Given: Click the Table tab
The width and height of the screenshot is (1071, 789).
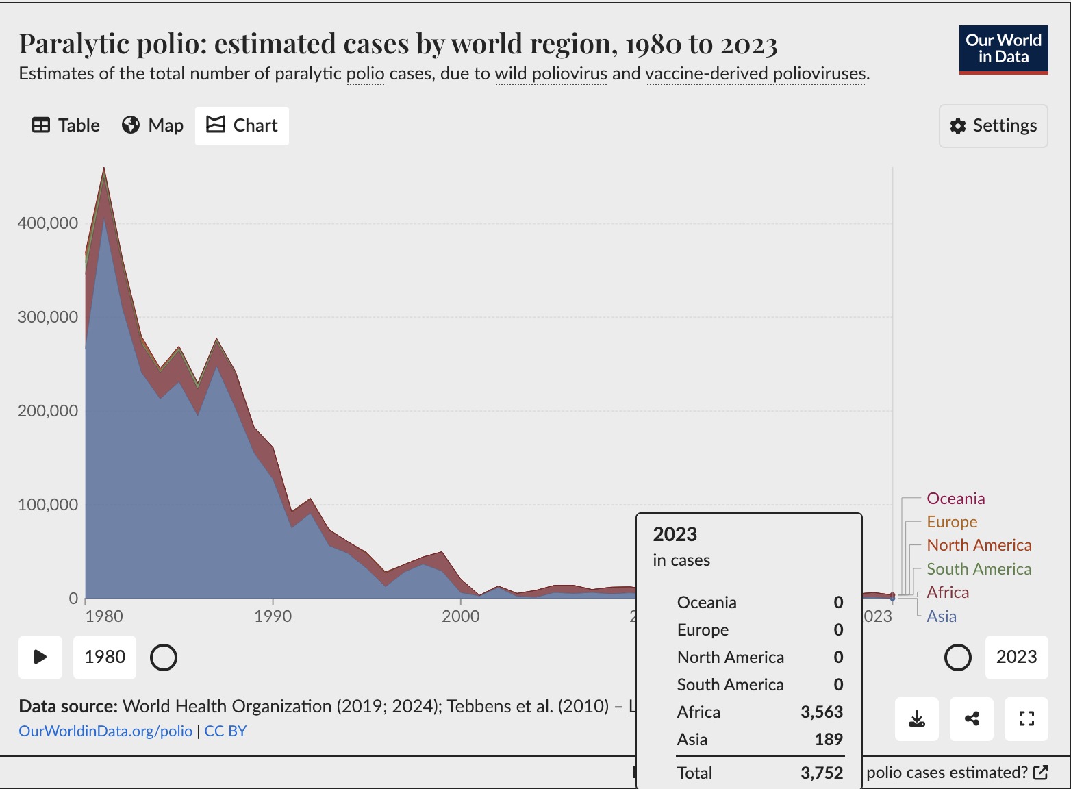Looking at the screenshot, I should coord(66,125).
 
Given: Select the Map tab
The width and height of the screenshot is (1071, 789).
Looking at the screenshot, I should coord(153,125).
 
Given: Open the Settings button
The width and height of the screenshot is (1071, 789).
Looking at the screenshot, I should coord(993,125).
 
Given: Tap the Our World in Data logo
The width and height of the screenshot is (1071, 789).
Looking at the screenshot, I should coord(1003,49).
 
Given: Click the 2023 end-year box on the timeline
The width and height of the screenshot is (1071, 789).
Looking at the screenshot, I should coord(1016,657).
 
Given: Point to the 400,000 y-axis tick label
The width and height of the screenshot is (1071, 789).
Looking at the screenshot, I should coord(48,223).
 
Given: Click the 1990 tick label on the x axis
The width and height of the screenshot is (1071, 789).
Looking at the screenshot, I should coord(273,616).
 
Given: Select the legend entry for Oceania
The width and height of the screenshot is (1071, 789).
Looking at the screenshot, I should coord(955,499).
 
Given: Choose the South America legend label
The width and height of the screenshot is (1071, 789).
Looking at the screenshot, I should coord(979,569).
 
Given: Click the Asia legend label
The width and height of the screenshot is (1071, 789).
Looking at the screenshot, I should coord(941,616).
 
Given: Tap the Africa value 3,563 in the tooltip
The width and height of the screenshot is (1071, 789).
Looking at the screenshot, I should coord(822,712).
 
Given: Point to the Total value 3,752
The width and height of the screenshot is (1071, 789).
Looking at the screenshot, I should coord(822,773).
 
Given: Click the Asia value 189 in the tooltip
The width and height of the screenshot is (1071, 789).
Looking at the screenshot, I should coord(829,740).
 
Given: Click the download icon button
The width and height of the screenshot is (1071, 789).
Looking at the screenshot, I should coord(917,718).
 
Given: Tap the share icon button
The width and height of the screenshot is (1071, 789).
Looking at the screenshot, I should coord(972,718).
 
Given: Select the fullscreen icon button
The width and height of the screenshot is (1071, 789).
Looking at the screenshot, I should coord(1026,718).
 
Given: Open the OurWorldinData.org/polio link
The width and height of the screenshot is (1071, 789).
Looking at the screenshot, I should coord(105,731).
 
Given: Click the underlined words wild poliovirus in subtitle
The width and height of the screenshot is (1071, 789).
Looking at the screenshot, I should coord(551,73).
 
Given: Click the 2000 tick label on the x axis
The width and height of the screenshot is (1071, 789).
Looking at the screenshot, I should coord(460,616).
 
